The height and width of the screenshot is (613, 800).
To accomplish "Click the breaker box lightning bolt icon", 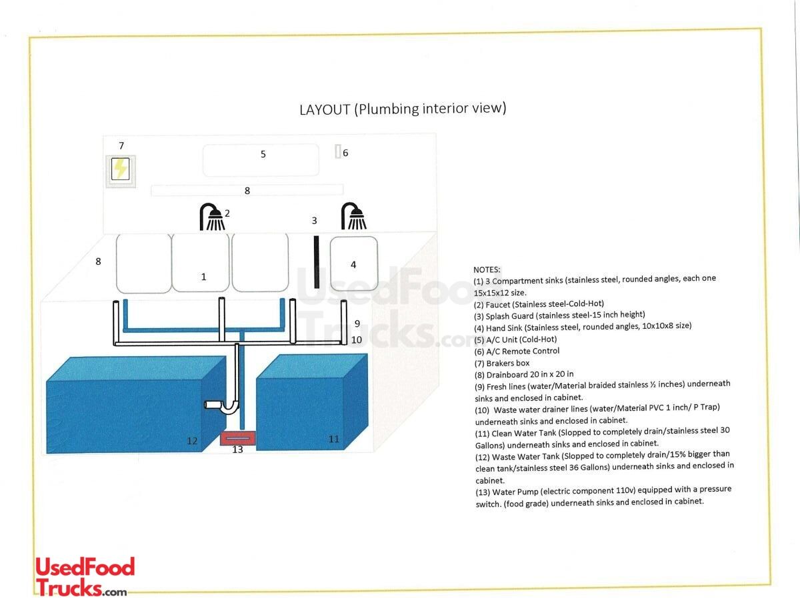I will pos(121,169).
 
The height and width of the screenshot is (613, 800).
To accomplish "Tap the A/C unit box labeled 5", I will pos(261,160).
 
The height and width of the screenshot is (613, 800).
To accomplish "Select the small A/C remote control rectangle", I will pos(338,151).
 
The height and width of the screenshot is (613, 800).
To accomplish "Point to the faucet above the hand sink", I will pos(354,217).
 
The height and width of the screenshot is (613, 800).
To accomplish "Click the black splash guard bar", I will pos(317,261).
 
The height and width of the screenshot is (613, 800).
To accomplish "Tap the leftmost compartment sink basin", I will pos(144,263).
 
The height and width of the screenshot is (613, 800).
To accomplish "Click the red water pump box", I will pos(237,438).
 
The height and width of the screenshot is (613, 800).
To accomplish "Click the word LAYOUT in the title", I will pos(325,110).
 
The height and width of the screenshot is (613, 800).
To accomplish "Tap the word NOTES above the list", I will pos(487,269).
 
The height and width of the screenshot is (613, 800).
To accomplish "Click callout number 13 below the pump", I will pos(237,450).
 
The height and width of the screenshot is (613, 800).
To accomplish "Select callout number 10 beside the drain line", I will pos(357,340).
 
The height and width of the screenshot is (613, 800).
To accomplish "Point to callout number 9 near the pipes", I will pos(357,324).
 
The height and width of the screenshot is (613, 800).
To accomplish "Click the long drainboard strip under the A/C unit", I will pos(247,190).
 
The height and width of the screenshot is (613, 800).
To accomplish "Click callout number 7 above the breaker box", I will pos(121,145).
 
